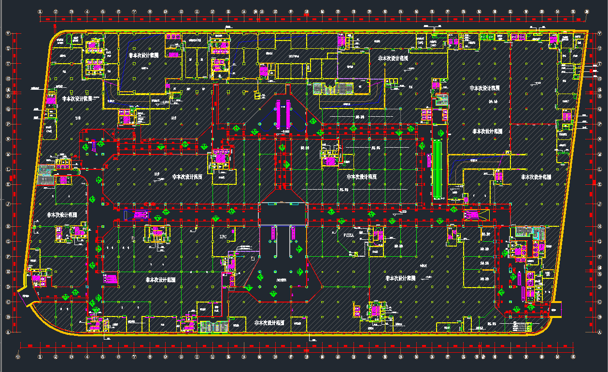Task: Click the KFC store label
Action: pos(223,236)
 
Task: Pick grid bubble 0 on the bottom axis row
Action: pos(18,357)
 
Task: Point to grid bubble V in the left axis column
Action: pos(8,33)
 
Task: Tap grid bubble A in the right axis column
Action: pos(600,332)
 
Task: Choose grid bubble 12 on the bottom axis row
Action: pos(212,357)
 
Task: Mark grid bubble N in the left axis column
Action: pos(8,139)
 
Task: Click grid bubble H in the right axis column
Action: pos(600,226)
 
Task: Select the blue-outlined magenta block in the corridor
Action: pos(136,214)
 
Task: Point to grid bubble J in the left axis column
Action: pos(8,204)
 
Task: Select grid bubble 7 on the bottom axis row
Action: pos(134,357)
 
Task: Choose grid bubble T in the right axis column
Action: pos(600,63)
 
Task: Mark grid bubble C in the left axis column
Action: pos(8,302)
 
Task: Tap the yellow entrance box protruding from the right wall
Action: pos(555,309)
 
